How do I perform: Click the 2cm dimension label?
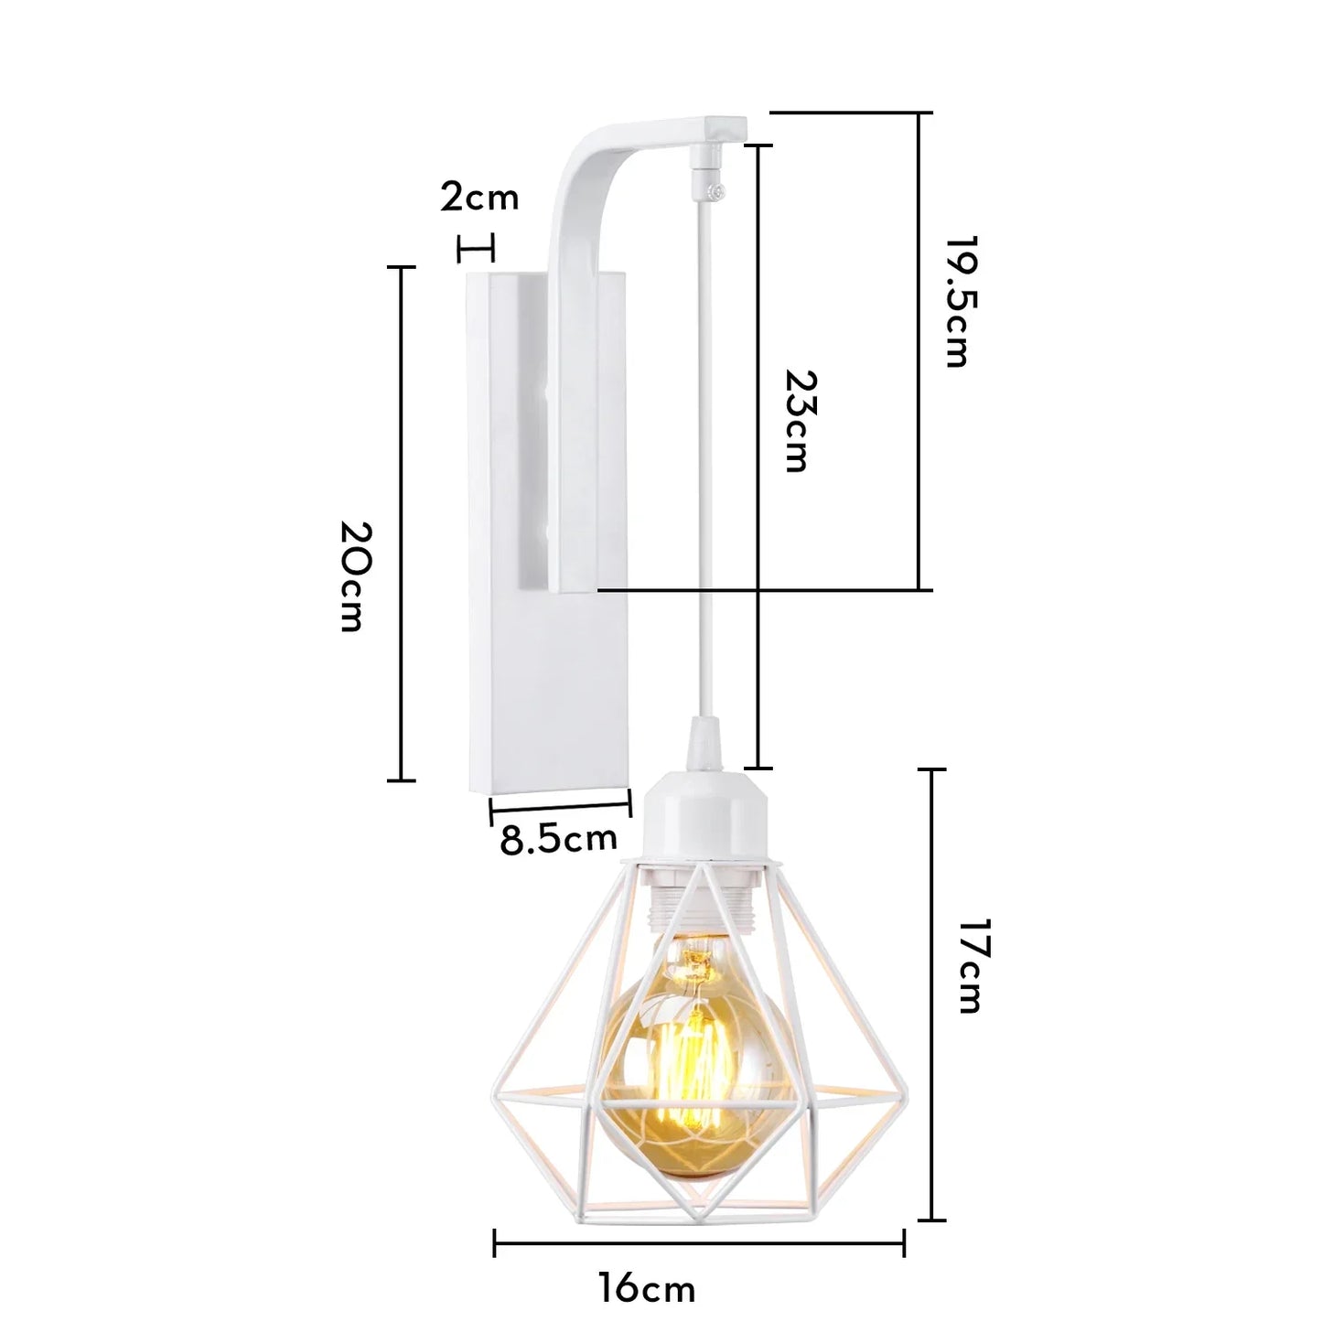pyautogui.click(x=479, y=197)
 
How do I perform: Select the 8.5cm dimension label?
pyautogui.click(x=558, y=839)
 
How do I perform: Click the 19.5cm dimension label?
pyautogui.click(x=956, y=302)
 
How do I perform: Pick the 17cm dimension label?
pyautogui.click(x=969, y=965)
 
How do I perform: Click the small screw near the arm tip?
pyautogui.click(x=720, y=190)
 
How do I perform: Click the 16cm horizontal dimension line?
pyautogui.click(x=699, y=1243)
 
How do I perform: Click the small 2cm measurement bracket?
pyautogui.click(x=475, y=248)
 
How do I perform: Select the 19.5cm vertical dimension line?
pyautogui.click(x=919, y=351)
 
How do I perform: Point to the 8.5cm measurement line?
pyautogui.click(x=560, y=805)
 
